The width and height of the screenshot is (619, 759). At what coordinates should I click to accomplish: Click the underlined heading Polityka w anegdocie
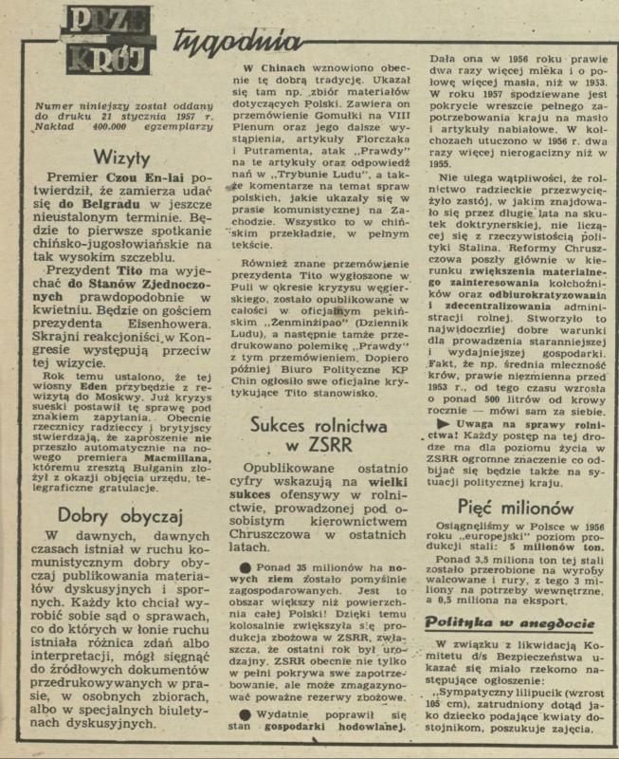tap(510, 624)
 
